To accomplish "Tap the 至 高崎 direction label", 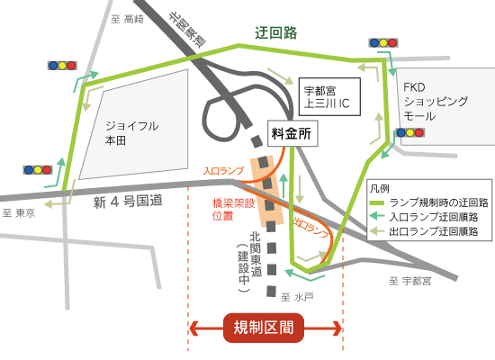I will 127,19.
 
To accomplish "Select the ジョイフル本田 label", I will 131,133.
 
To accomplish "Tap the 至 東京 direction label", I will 18,213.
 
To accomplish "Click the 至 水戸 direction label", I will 295,297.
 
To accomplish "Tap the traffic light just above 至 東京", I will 39,169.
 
